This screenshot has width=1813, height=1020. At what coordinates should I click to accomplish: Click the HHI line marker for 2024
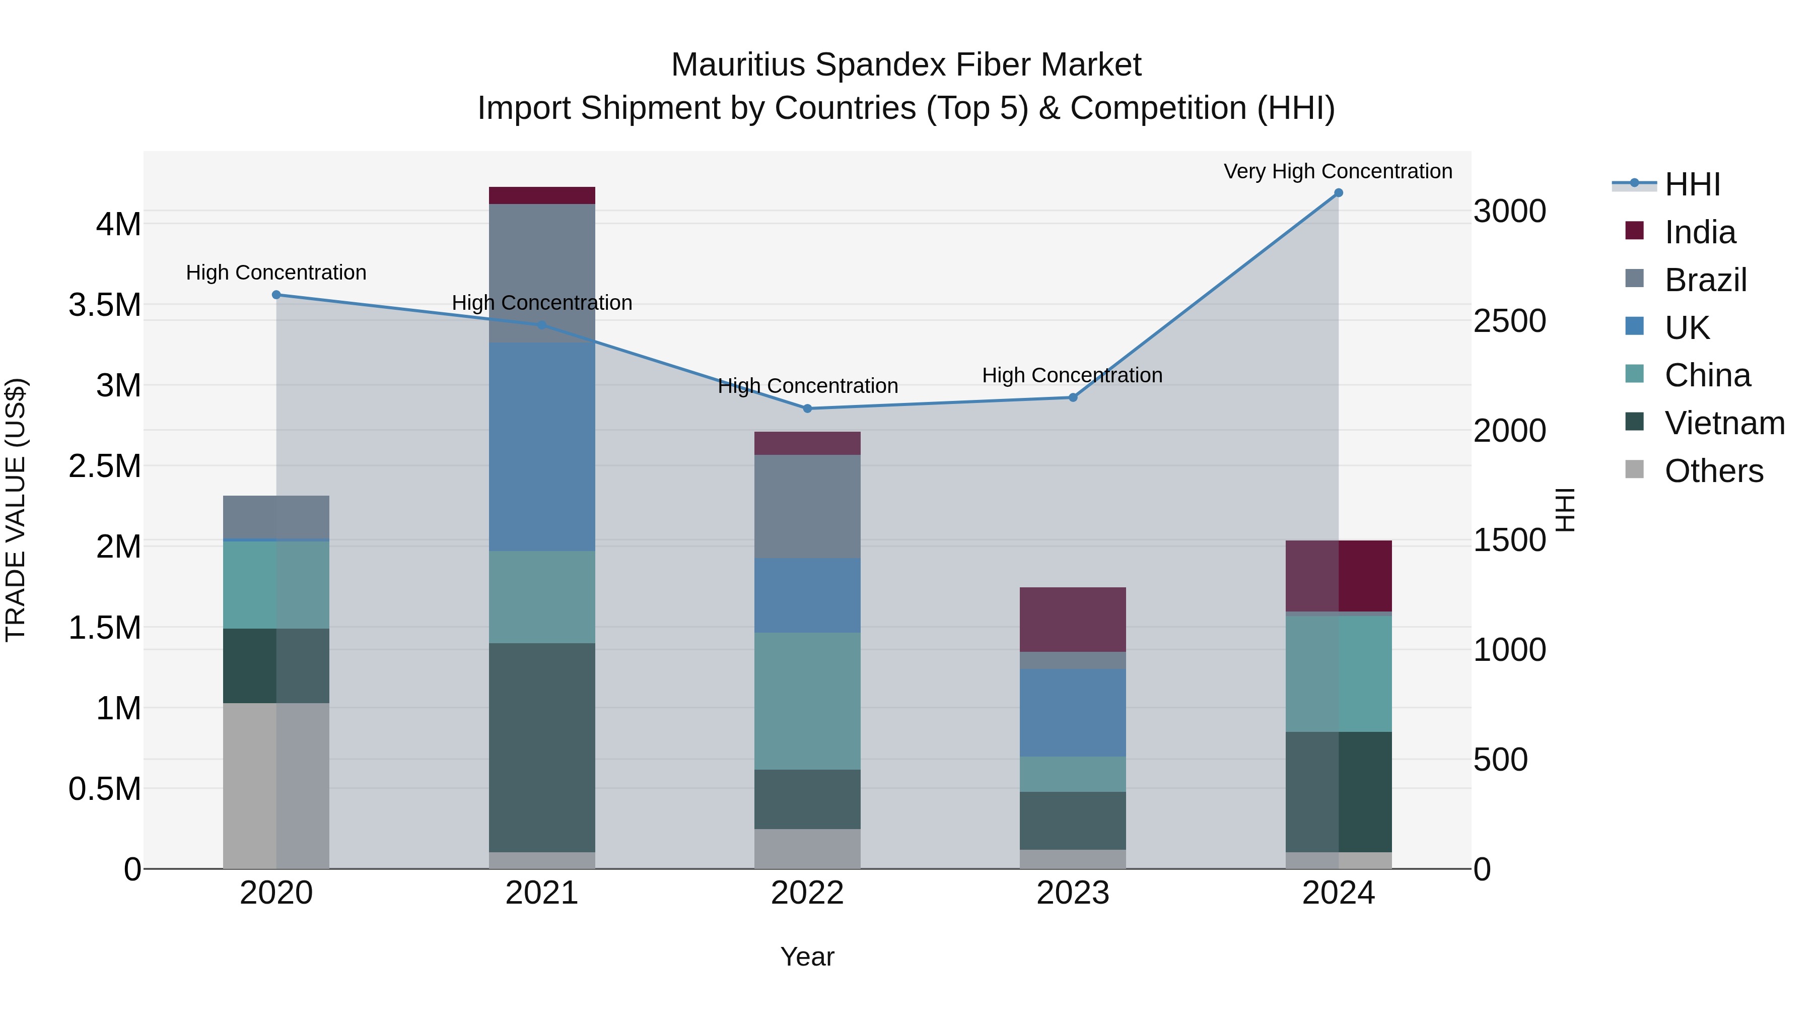tap(1338, 193)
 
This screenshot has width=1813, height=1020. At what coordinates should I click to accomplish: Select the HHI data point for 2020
tap(276, 295)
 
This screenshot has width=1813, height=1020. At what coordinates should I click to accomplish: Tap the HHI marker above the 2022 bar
tap(807, 409)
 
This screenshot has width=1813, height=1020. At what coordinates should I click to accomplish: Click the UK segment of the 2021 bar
tap(542, 447)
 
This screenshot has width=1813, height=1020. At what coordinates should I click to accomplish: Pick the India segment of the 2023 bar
tap(1073, 620)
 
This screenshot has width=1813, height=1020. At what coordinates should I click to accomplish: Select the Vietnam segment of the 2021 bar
tap(542, 747)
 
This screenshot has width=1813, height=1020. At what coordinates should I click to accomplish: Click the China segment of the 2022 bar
tap(807, 701)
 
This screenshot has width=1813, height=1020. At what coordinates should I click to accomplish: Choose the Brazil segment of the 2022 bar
tap(807, 507)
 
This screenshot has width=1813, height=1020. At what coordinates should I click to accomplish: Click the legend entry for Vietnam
tap(1724, 423)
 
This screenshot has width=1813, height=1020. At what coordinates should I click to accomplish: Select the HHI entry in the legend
tap(1692, 184)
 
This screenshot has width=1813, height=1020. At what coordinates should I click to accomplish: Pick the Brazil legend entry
tap(1705, 280)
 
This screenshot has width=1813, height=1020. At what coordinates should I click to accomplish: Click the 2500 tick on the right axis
tap(1510, 321)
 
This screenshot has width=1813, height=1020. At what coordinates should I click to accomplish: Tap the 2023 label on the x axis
tap(1073, 893)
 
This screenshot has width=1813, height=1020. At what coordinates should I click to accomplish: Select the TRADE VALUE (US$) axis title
tap(16, 510)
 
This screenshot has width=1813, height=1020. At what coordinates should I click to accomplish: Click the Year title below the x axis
tap(807, 957)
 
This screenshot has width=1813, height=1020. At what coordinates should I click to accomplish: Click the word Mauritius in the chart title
tap(738, 65)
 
